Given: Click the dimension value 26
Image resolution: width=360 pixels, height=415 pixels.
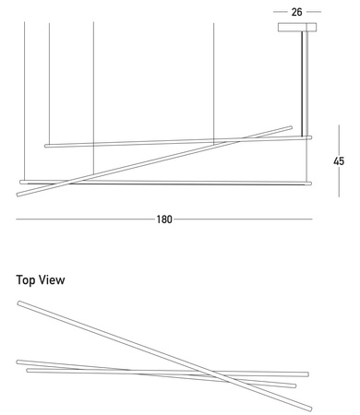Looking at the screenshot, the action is click(x=296, y=12).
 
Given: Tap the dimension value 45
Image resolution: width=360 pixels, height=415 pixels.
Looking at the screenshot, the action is click(x=339, y=161).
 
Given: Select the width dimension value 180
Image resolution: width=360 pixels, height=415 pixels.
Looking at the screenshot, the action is click(x=164, y=219).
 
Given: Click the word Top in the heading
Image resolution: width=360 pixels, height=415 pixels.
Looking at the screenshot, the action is click(x=26, y=280).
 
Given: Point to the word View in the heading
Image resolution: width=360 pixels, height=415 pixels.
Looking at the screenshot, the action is click(x=52, y=279).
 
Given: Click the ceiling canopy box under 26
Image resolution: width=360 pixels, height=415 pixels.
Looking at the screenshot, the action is click(x=297, y=27).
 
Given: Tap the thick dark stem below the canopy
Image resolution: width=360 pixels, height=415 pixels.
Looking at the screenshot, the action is click(x=302, y=84).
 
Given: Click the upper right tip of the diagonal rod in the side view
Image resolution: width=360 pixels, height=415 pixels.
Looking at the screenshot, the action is click(x=291, y=127).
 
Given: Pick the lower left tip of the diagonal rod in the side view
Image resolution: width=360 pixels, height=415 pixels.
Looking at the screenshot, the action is click(x=18, y=195).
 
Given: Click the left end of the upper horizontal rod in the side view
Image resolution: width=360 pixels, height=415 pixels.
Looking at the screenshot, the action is click(x=46, y=146).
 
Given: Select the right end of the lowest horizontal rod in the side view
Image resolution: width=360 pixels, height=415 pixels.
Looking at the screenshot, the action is click(x=310, y=184).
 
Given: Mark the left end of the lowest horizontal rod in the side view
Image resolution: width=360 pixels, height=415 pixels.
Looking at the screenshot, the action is click(x=21, y=182).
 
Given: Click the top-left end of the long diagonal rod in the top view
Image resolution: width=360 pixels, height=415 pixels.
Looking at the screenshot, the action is click(x=19, y=303).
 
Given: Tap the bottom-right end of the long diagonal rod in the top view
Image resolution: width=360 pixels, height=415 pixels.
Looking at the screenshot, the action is click(x=310, y=409).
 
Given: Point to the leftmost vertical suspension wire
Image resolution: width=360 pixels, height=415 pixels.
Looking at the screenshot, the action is click(x=25, y=101).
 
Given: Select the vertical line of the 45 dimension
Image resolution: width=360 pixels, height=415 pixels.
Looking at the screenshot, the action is click(x=339, y=160).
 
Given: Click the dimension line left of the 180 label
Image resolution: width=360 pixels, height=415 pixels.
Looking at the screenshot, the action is click(x=85, y=219).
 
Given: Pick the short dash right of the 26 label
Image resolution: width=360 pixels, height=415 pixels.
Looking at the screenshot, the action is click(x=314, y=12).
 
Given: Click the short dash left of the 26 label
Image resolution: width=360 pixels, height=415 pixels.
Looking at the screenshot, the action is click(x=280, y=12).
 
